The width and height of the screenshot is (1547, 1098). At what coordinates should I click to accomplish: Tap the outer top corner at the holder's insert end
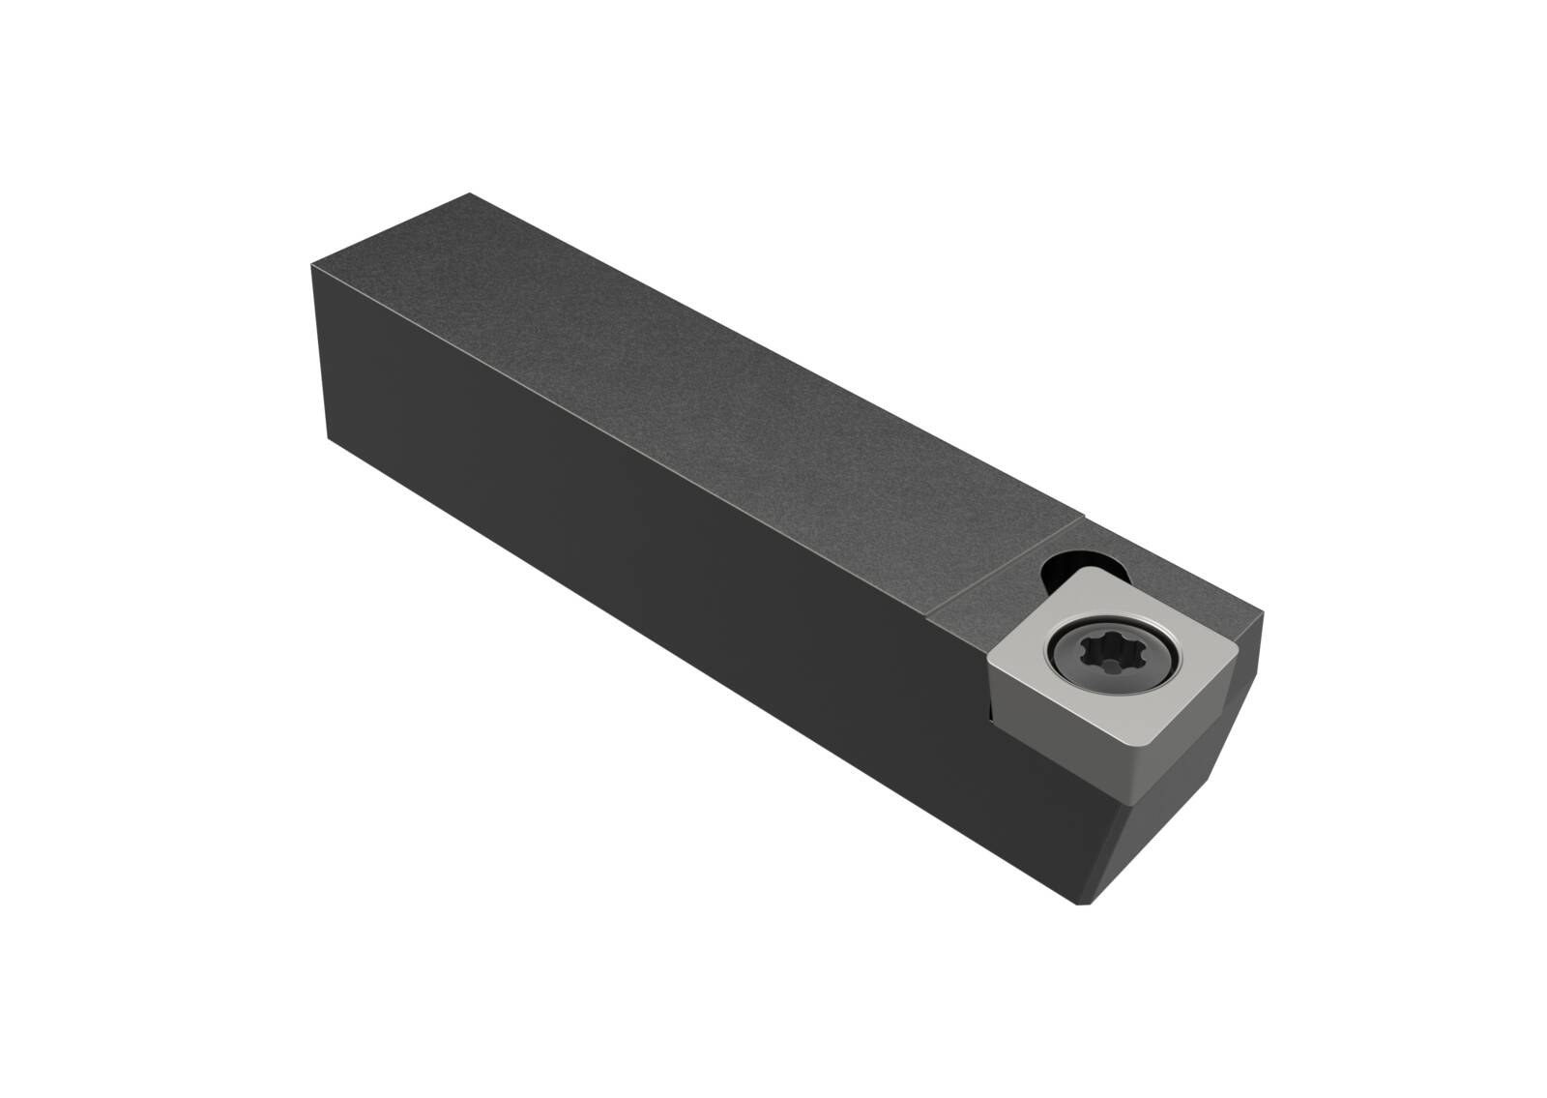[x=1262, y=608]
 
